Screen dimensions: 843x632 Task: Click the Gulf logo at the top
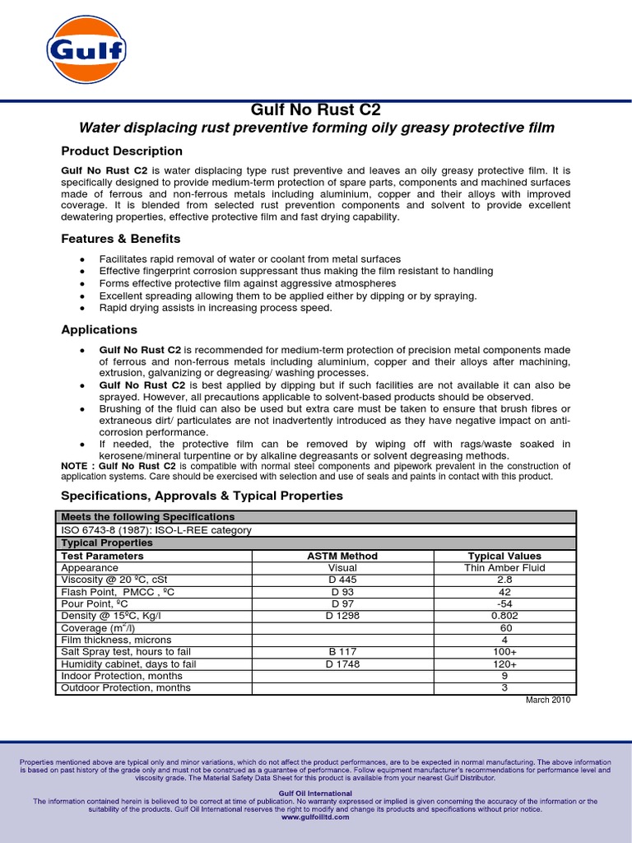click(86, 51)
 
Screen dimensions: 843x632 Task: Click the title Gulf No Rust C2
click(315, 110)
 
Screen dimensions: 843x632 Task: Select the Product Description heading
click(122, 151)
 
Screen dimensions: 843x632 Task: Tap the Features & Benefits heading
click(121, 239)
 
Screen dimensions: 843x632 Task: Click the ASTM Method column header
click(342, 556)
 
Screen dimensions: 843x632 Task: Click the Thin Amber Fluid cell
click(504, 567)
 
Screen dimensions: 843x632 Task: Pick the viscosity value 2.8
click(504, 580)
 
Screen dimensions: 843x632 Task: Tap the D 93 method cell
click(342, 592)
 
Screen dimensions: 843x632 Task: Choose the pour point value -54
click(504, 603)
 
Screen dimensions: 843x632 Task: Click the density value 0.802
click(504, 615)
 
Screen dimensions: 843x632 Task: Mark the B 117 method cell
click(342, 651)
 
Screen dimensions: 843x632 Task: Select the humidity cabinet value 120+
click(504, 664)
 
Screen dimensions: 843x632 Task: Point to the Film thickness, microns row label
click(116, 640)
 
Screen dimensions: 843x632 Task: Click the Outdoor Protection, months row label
click(126, 687)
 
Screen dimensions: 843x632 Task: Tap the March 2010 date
click(547, 700)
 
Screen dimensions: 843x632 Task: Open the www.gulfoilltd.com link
click(315, 817)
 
